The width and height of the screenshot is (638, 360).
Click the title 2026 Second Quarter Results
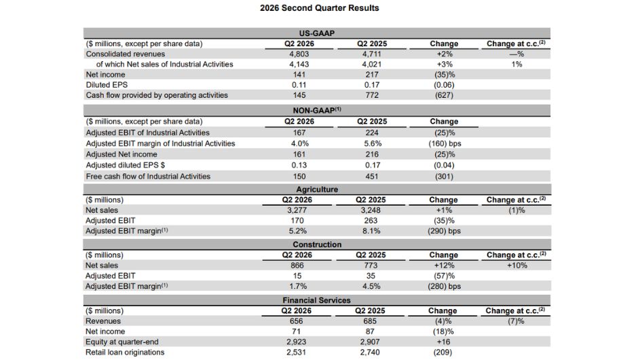(x=320, y=7)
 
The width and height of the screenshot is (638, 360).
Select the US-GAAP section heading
(x=316, y=33)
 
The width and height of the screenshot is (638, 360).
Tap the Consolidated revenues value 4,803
(x=299, y=54)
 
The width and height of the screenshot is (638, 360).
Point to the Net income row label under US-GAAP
(x=105, y=75)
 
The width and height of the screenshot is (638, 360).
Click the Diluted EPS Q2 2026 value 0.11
(x=299, y=85)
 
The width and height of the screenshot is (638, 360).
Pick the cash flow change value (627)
(x=444, y=95)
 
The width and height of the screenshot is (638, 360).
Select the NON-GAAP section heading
(x=317, y=110)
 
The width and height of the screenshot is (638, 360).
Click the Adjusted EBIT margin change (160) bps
(x=445, y=143)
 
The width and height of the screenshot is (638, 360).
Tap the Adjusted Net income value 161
(x=299, y=154)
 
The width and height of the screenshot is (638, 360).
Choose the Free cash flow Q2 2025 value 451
(x=372, y=177)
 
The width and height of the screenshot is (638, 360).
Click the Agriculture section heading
(x=317, y=190)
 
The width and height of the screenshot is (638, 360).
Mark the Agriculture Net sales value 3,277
(x=297, y=210)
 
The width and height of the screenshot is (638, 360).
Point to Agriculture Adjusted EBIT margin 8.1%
(x=371, y=231)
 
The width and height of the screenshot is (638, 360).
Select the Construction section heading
(x=317, y=245)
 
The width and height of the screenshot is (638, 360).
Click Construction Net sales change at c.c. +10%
(x=517, y=266)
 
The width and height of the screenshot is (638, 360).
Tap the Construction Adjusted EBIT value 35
(x=371, y=276)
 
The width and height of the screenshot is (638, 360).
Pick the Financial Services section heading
(x=316, y=300)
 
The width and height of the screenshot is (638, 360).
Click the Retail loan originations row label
(x=125, y=353)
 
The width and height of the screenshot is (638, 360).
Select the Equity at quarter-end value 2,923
(x=296, y=342)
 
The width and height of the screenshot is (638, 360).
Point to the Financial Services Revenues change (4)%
(x=443, y=321)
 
